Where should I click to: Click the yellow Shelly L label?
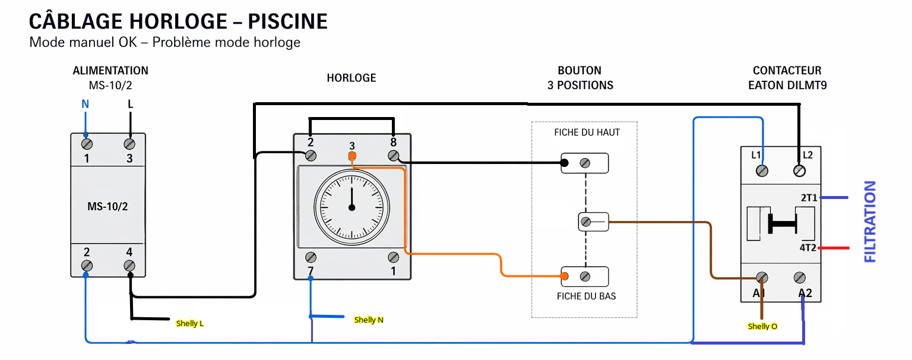pos(190,324)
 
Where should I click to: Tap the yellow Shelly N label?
pos(369,320)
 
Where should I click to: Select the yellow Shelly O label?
pos(762,327)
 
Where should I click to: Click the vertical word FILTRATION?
pos(870,222)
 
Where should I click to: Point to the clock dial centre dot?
pos(351,207)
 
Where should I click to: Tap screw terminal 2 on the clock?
pos(311,156)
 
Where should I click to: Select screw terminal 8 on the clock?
pos(392,156)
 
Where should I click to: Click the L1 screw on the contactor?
pos(762,171)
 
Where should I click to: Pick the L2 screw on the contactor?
pos(799,171)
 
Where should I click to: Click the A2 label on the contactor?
pos(805,293)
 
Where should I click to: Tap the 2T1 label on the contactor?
pos(808,198)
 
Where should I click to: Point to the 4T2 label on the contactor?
pos(808,248)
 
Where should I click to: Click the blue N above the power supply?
pos(85,105)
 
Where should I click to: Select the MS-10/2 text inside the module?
pos(107,206)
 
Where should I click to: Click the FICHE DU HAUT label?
pos(587,132)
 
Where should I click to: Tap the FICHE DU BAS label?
pos(586,296)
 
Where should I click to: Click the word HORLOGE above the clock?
pos(351,78)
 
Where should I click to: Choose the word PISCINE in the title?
pos(288,22)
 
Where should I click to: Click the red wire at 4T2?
pos(835,248)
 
